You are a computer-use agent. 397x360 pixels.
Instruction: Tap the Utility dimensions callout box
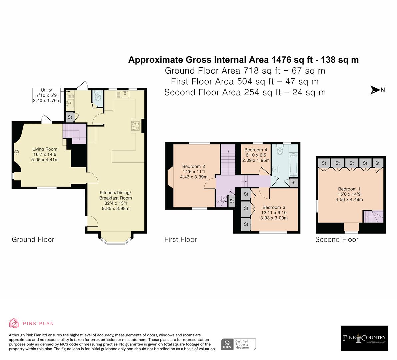coord(47,95)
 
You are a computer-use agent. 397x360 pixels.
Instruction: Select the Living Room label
coord(45,149)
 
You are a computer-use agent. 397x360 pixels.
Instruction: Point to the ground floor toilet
coord(98,97)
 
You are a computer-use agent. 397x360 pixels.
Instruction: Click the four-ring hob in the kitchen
coord(135,125)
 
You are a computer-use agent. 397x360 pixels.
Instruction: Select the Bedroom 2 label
coord(193,166)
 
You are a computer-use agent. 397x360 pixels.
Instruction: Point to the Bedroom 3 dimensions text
coord(274,215)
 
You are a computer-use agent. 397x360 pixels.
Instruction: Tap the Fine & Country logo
coord(364,338)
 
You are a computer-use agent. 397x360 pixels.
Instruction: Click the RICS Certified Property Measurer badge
coord(239,344)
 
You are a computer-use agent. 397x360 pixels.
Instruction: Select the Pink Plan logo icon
coord(14,323)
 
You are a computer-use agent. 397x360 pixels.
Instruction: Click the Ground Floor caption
coord(33,239)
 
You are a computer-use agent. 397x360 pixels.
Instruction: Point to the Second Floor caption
coord(337,239)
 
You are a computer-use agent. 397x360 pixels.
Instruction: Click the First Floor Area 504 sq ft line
coord(245,81)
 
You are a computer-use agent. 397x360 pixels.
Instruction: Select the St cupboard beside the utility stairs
coord(70,117)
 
